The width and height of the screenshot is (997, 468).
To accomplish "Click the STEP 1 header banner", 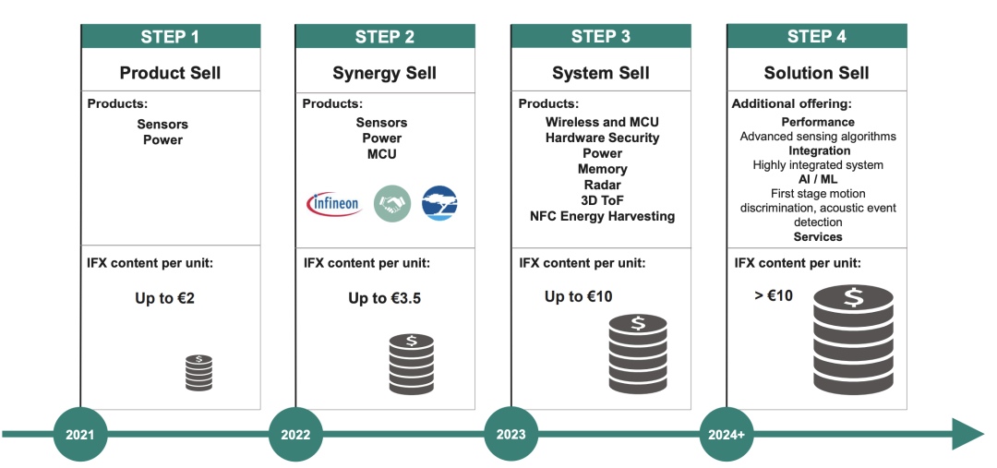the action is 171,36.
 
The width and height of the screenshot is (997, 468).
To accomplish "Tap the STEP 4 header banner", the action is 817,36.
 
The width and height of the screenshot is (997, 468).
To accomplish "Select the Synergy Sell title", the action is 385,73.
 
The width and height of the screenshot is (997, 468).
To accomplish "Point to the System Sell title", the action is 601,73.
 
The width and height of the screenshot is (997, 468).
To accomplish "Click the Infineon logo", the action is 334,204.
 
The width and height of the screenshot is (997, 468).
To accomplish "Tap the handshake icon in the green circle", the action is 392,203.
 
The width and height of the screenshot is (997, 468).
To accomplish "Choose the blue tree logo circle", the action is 440,203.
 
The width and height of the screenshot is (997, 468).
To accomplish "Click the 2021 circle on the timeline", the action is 80,434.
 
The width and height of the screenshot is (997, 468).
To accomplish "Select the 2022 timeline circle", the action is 295,434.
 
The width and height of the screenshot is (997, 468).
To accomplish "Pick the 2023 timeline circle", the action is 511,434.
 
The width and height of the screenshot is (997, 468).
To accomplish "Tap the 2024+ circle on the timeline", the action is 727,434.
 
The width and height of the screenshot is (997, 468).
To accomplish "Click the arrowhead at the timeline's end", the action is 967,434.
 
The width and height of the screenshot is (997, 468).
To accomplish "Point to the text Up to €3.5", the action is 385,298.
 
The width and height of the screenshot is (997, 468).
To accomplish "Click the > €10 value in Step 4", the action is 774,295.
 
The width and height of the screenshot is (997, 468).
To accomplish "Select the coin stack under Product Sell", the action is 199,373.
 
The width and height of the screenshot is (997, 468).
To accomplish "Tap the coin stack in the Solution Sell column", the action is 853,340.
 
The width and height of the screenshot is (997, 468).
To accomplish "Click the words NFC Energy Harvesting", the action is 602,216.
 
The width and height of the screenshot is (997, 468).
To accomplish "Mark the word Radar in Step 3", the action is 603,185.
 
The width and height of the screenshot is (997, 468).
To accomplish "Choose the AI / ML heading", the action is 818,179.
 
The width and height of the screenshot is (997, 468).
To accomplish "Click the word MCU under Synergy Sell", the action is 381,154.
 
